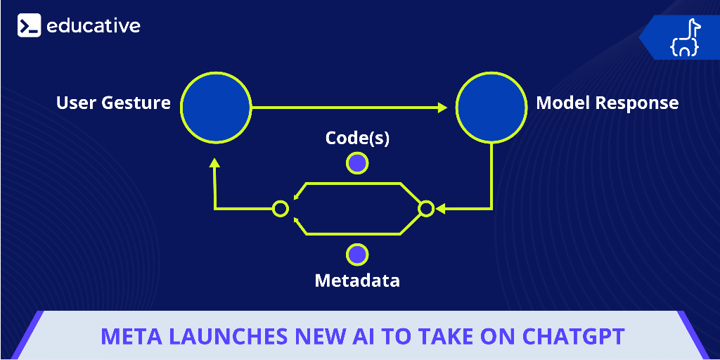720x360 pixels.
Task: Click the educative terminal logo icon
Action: tap(30, 25)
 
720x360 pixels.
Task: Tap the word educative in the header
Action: tap(94, 26)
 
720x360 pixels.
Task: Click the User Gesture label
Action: tap(113, 103)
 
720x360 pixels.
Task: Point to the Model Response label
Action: tap(607, 103)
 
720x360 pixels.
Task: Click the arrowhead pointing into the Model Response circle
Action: tap(443, 108)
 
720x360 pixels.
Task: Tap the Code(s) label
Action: tap(357, 139)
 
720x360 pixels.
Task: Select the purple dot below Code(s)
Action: tap(357, 163)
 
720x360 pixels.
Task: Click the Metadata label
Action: tap(357, 280)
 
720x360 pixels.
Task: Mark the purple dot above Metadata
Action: tap(357, 255)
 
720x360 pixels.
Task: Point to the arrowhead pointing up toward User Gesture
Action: tap(214, 163)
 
